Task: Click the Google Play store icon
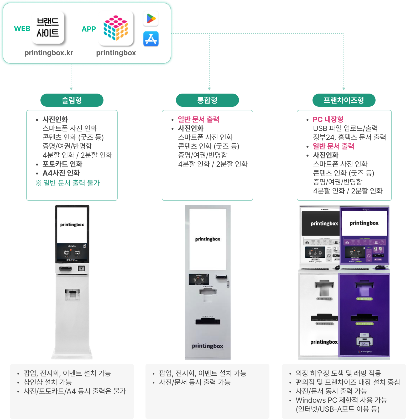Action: pos(151,19)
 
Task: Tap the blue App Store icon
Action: pos(151,39)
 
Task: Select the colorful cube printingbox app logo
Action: pos(116,28)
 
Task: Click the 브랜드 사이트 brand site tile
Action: pos(48,27)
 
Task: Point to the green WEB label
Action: pos(22,29)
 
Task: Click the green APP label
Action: pos(89,29)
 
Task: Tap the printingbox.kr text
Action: pos(49,53)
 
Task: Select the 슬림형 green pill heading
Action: pos(72,100)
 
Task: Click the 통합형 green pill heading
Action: pos(207,100)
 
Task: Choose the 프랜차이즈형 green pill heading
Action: pos(344,100)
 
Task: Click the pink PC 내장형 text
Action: pos(328,119)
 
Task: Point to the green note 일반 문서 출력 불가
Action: pos(68,183)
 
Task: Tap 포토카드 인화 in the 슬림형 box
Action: pos(63,164)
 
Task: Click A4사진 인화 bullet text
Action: pos(61,173)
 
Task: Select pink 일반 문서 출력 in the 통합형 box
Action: pos(199,119)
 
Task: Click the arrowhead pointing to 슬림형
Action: pos(71,89)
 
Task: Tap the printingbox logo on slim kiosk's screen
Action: pos(72,225)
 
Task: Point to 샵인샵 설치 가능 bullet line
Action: pos(48,382)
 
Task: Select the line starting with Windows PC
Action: pos(341,400)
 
